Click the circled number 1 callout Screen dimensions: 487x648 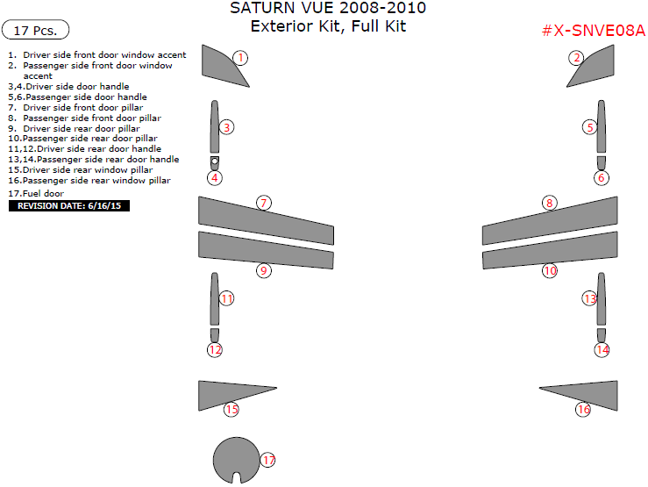[240, 58]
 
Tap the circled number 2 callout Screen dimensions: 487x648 [576, 58]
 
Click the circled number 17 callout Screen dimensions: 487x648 [267, 460]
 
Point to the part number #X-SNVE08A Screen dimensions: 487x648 [593, 31]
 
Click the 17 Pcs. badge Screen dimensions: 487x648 [36, 31]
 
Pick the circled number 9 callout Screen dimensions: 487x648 [263, 270]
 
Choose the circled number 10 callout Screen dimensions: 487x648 [550, 270]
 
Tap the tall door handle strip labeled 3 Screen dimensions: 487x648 [214, 126]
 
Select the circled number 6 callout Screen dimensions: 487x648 [601, 178]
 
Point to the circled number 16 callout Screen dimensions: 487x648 [583, 409]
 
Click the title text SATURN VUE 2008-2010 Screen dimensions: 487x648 [329, 9]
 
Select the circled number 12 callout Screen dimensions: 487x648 [215, 349]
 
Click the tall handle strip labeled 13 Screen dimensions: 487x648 [602, 298]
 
